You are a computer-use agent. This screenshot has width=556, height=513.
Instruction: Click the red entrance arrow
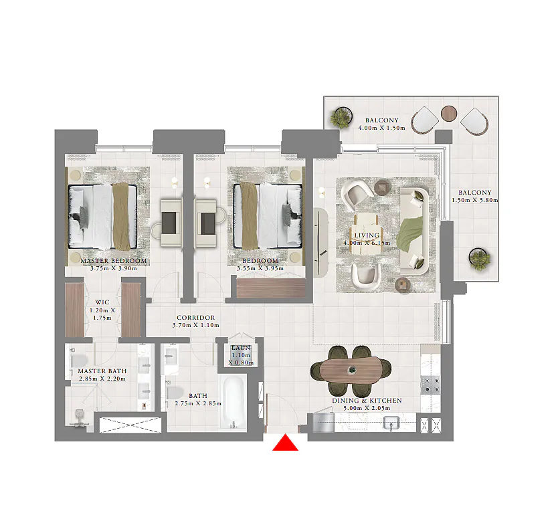tap(286, 443)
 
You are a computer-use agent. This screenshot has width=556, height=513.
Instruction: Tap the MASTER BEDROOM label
tap(114, 261)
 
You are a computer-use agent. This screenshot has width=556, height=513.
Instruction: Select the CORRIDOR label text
tap(196, 318)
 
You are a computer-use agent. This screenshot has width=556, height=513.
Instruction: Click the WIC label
tap(102, 302)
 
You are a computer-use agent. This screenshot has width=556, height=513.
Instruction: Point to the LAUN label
tap(241, 348)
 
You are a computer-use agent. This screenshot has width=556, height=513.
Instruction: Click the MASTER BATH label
tap(102, 371)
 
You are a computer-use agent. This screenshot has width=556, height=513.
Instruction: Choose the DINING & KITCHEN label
tap(367, 401)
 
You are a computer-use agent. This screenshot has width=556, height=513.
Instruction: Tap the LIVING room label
tap(367, 235)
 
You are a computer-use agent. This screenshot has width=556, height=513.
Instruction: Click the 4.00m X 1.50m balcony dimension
tap(381, 128)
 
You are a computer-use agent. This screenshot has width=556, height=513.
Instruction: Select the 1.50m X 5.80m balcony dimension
tap(474, 200)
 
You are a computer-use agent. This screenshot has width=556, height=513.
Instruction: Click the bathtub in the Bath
tap(233, 403)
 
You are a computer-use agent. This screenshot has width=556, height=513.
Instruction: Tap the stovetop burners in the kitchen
tap(430, 385)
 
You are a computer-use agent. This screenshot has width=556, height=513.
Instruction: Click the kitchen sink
tap(392, 423)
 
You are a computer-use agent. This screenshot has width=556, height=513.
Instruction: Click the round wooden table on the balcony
tap(449, 114)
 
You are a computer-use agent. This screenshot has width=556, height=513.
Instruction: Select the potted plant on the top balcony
tap(341, 117)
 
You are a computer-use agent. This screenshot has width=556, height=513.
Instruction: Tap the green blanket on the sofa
tap(410, 235)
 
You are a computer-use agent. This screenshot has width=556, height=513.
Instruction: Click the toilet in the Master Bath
tap(78, 361)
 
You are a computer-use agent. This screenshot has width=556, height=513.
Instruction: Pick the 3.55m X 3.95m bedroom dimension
tap(260, 269)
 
